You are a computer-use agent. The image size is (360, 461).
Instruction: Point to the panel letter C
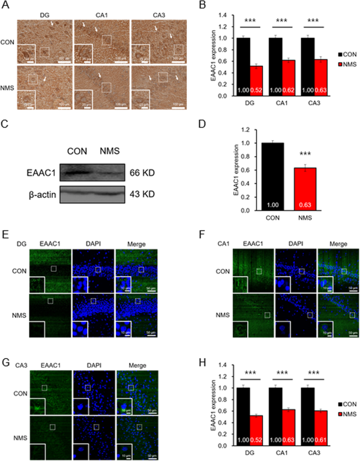(6, 125)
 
